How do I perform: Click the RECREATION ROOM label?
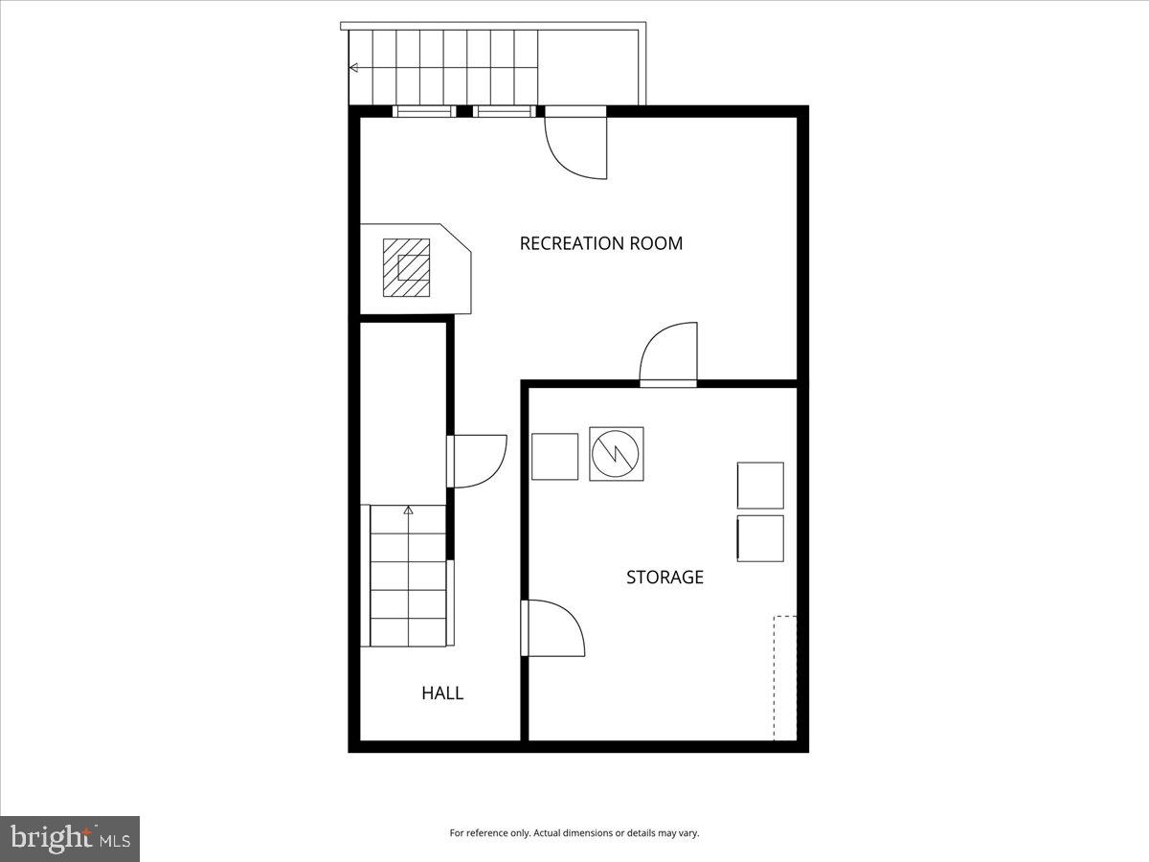(600, 243)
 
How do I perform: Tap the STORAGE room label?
(665, 577)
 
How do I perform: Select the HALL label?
(442, 692)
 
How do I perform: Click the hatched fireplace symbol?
(406, 266)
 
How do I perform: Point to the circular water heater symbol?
(616, 454)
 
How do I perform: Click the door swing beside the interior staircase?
(478, 461)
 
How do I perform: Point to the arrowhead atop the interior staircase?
(409, 510)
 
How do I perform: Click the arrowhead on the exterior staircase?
(354, 68)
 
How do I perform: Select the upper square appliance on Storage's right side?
(760, 485)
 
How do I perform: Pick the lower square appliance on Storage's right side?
(760, 538)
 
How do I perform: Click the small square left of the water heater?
(554, 456)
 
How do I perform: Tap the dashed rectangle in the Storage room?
(785, 677)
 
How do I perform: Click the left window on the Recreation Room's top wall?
(423, 112)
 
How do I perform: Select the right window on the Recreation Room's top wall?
(504, 112)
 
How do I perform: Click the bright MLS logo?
(70, 839)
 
